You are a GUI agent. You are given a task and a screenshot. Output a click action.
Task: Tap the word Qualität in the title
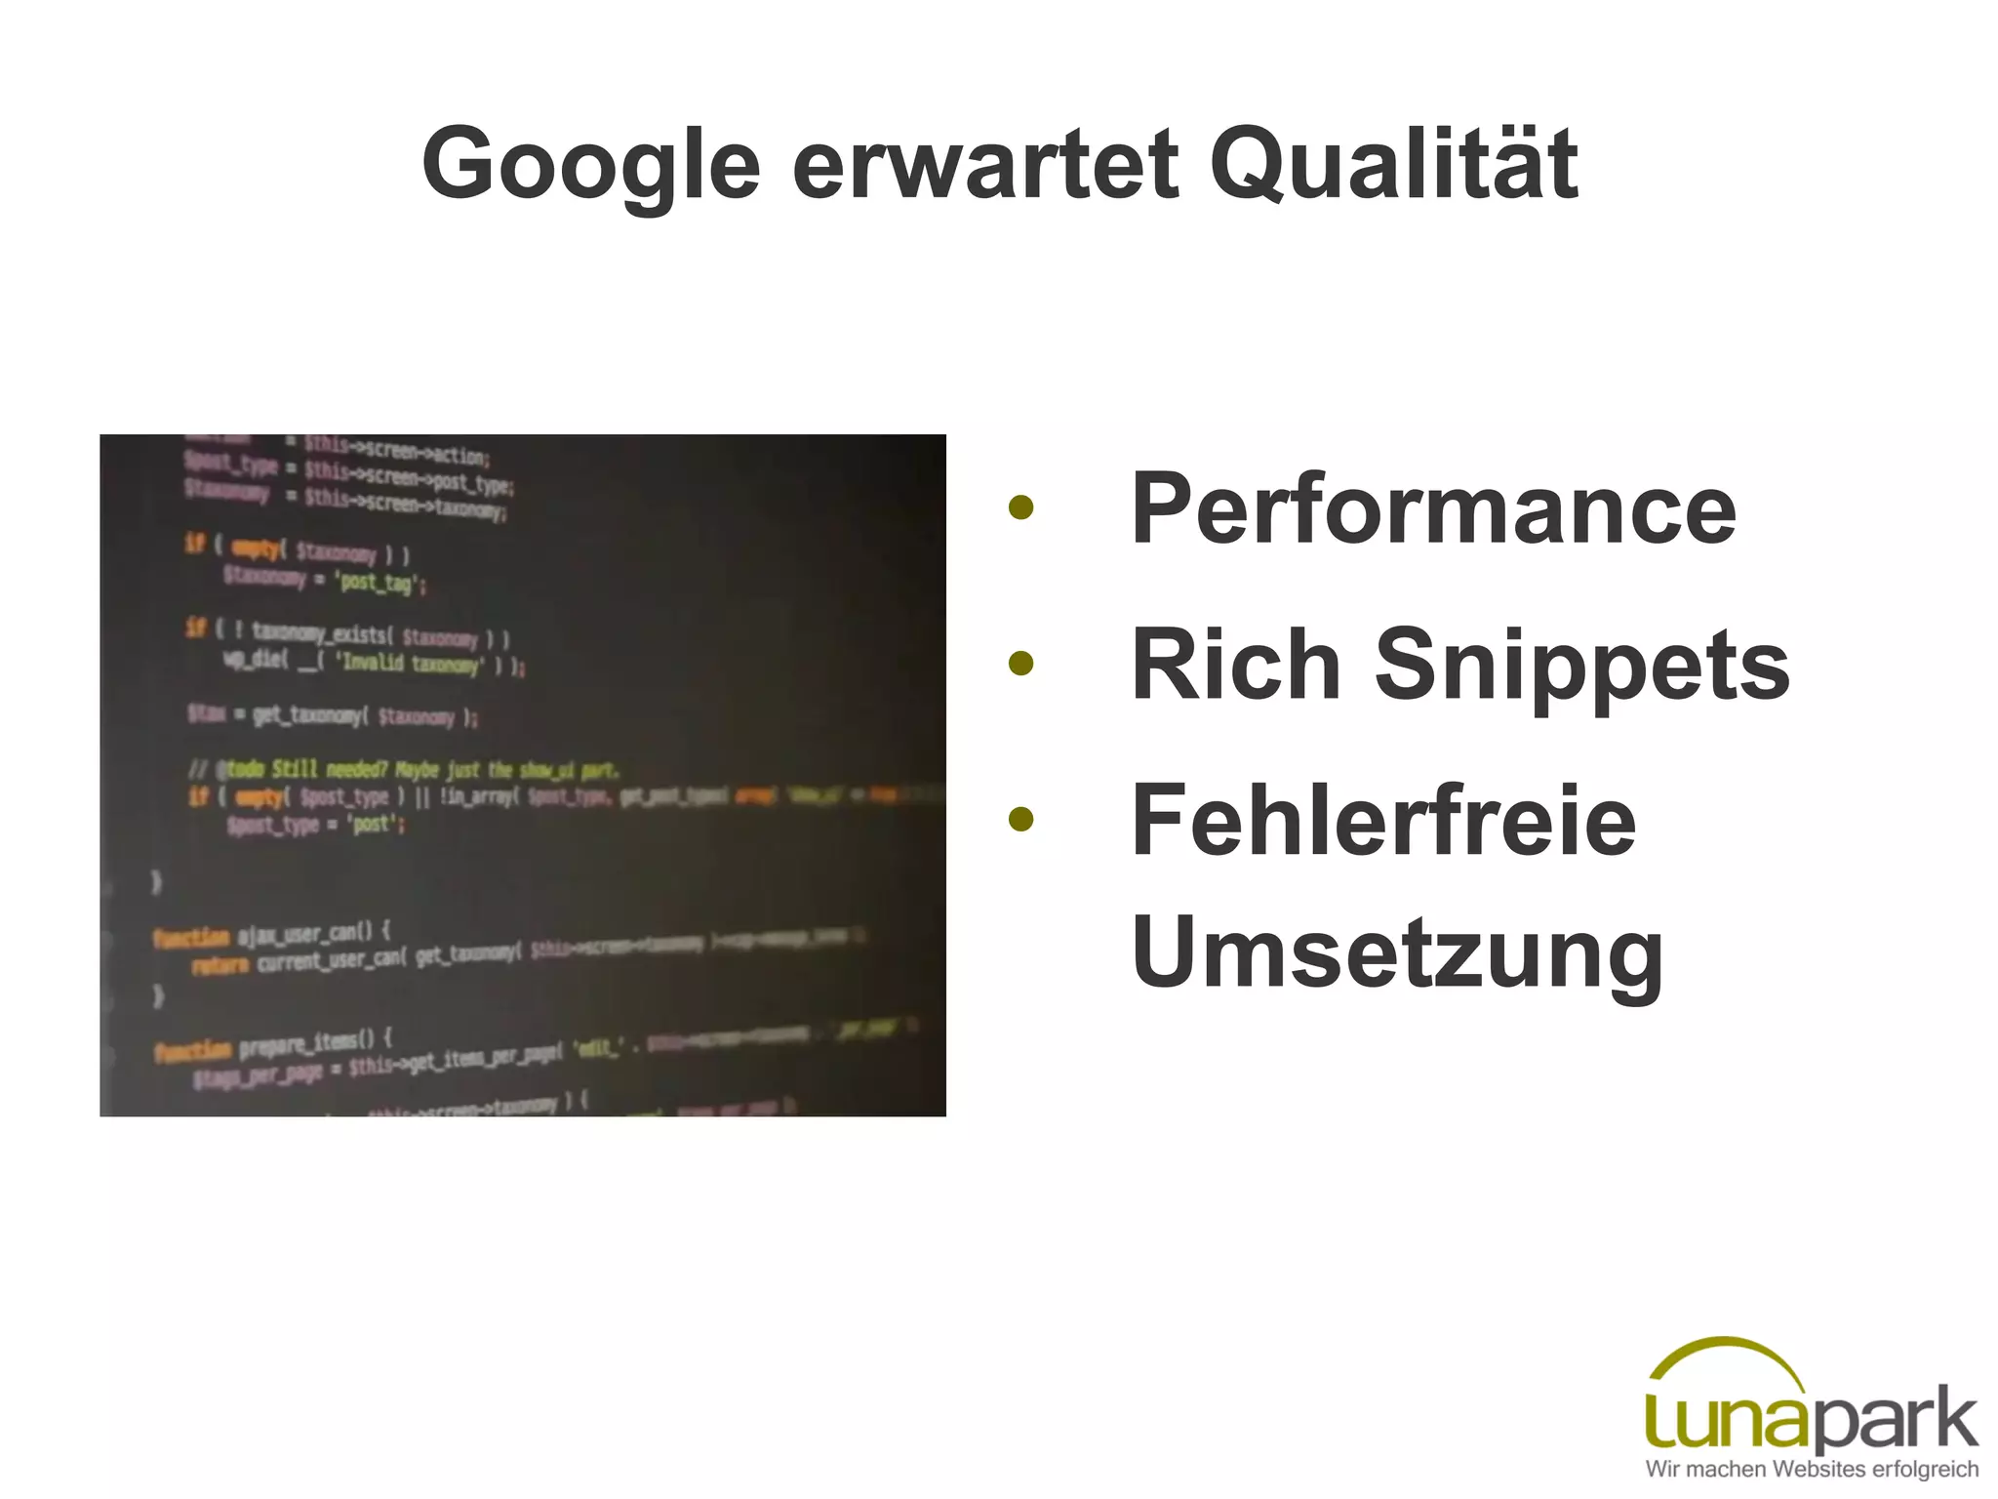(1393, 164)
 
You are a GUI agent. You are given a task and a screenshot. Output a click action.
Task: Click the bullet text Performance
(1433, 508)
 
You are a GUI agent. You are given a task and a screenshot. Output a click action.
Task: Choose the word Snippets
(1581, 667)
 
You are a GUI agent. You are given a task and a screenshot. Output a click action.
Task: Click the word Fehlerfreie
(1383, 821)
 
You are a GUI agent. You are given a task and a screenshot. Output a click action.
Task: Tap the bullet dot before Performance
(1020, 507)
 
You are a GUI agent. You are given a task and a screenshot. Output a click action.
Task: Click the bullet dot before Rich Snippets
(1020, 664)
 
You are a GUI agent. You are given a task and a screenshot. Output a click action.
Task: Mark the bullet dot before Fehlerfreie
(1020, 819)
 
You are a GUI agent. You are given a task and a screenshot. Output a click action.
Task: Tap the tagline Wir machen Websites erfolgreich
(1812, 1469)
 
